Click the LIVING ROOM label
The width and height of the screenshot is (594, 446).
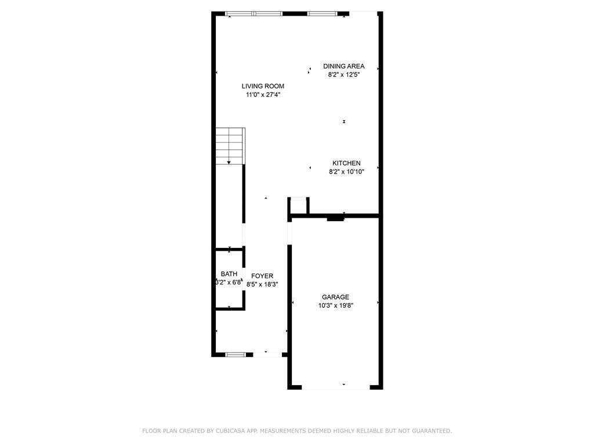click(x=263, y=86)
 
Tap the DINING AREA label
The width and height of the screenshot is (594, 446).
click(x=344, y=66)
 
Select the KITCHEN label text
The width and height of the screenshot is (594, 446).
click(x=346, y=163)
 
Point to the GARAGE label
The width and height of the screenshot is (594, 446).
click(x=335, y=297)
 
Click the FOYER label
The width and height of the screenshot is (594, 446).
click(x=262, y=276)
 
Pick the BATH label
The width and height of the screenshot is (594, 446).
click(x=229, y=274)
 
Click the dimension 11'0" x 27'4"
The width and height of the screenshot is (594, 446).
click(x=263, y=95)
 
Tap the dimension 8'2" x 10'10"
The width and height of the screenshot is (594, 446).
click(x=346, y=171)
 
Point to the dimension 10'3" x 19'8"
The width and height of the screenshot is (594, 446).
click(x=335, y=305)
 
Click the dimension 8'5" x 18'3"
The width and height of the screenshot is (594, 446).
click(x=262, y=285)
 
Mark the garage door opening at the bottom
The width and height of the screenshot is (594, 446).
click(x=336, y=387)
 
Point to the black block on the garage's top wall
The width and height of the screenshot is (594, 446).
click(x=335, y=218)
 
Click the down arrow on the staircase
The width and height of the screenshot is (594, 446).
click(x=229, y=162)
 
